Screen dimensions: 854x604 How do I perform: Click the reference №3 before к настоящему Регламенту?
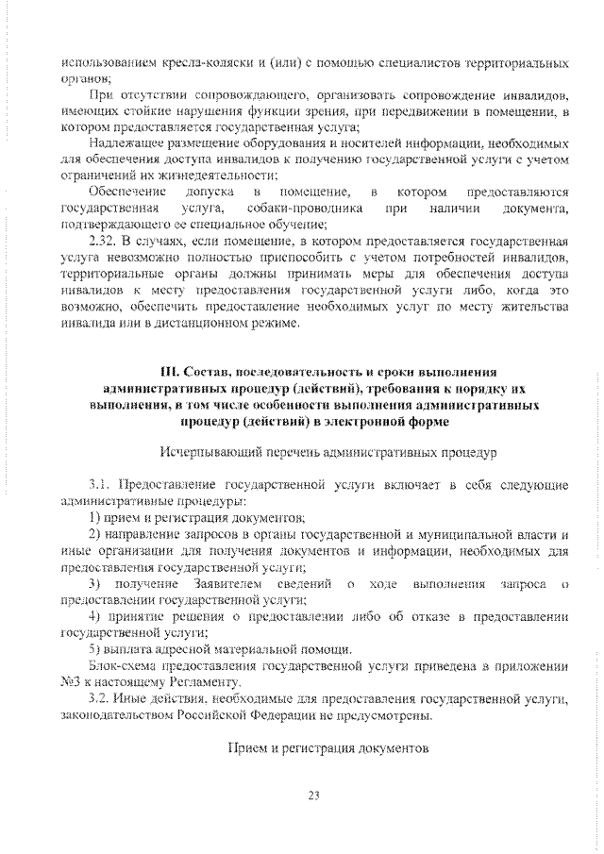pos(68,681)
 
